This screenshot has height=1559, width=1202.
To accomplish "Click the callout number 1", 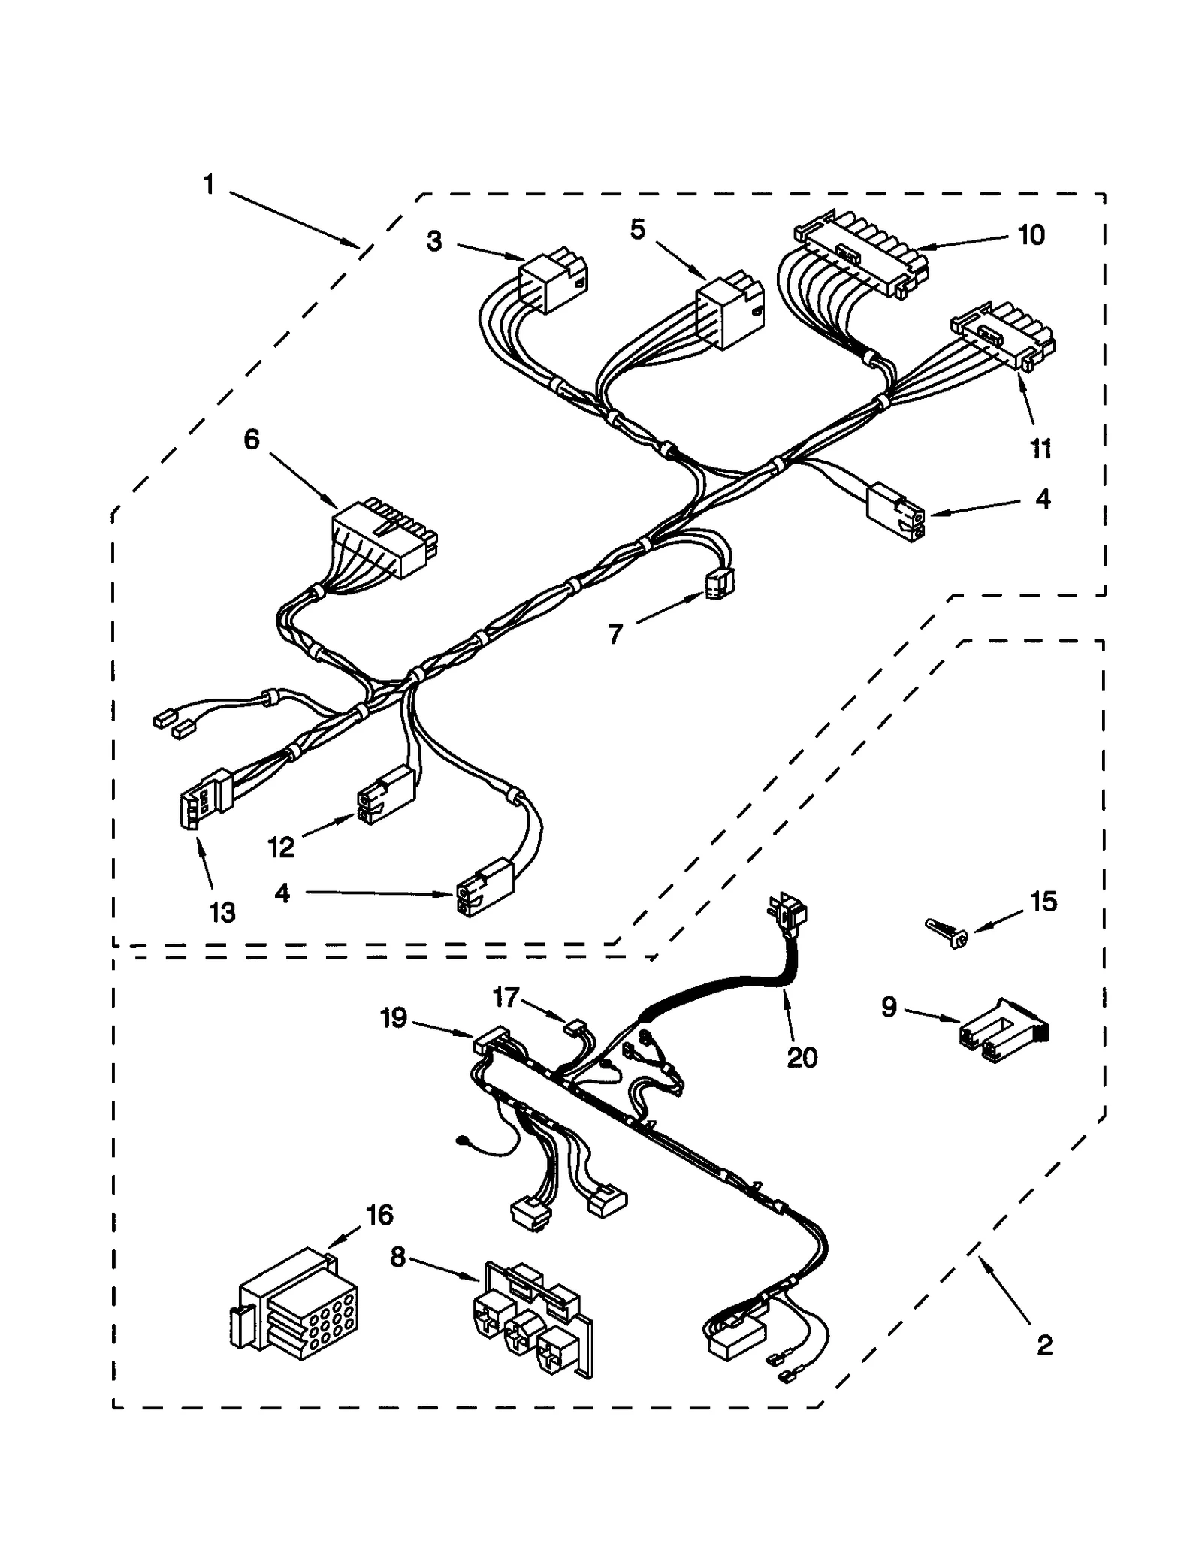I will point(209,184).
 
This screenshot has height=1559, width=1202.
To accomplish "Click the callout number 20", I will point(802,1057).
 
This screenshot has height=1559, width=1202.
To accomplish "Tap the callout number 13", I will point(222,912).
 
